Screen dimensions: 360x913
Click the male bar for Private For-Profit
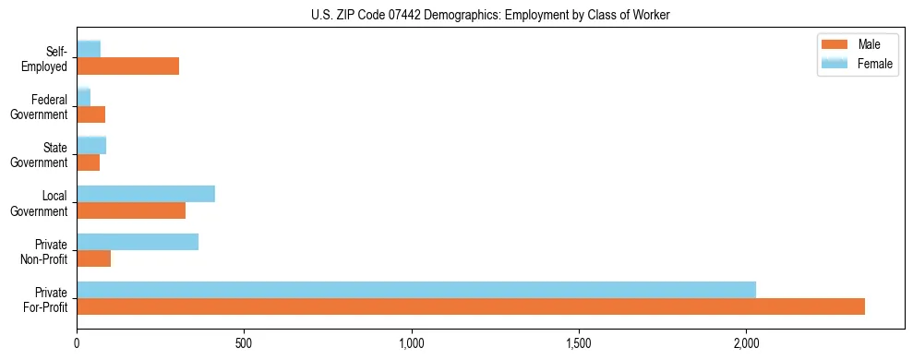click(471, 306)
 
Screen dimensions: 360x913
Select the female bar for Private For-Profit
click(416, 290)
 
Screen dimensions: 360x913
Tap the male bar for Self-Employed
click(127, 66)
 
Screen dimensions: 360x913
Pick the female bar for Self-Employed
click(89, 49)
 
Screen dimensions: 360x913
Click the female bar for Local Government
click(146, 194)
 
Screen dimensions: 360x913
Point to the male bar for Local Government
click(131, 210)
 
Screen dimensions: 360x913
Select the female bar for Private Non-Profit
click(138, 242)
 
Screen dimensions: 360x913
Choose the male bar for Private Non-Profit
click(94, 258)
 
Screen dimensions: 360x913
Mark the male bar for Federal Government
click(91, 114)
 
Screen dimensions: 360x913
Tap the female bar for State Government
click(91, 145)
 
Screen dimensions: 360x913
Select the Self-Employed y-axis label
click(45, 58)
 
